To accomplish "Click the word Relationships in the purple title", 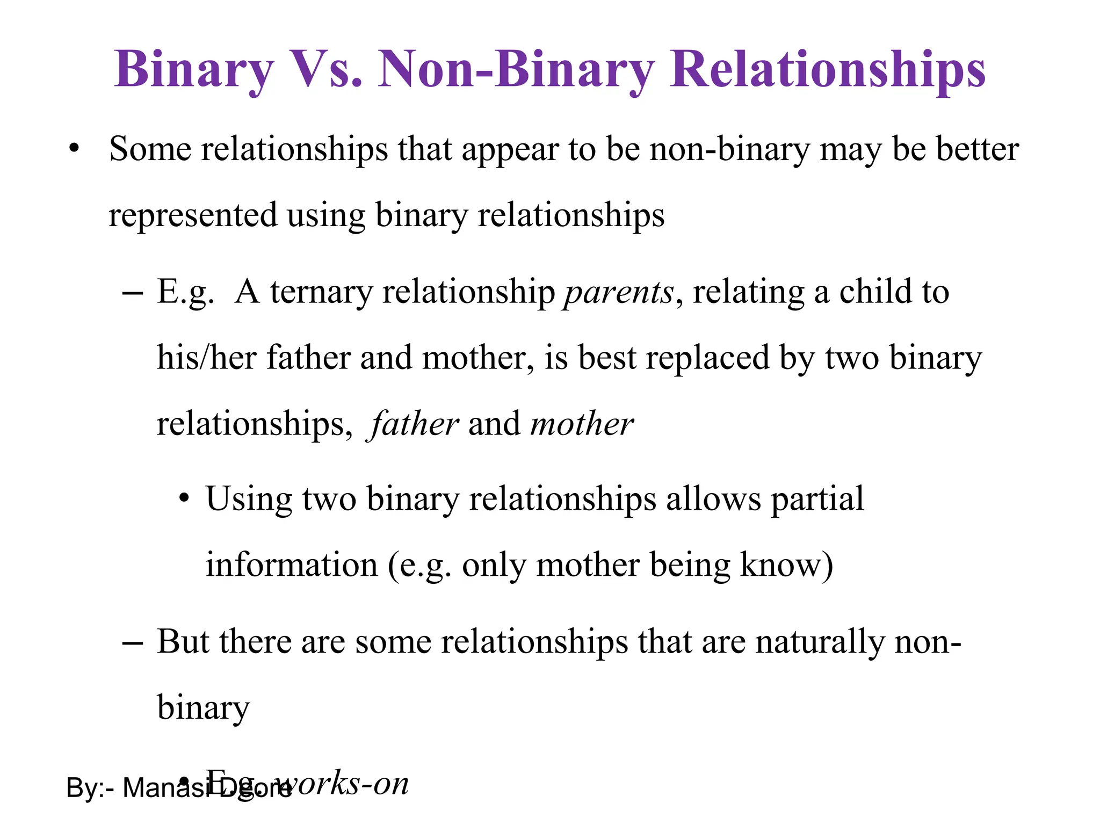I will [827, 70].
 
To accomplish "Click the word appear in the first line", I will [510, 150].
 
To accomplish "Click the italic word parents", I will [618, 293].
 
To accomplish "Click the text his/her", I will [206, 358].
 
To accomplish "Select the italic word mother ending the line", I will [581, 424].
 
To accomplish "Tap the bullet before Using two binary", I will [184, 498].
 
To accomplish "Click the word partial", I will [817, 500].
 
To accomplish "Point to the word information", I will [292, 566].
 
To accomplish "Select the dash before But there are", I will [132, 642].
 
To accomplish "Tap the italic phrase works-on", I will [344, 784].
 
